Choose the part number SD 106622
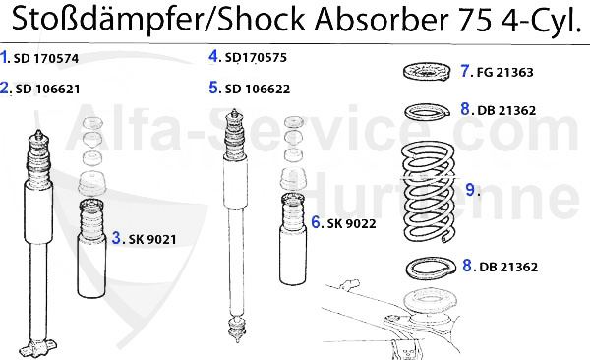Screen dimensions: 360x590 [257, 89]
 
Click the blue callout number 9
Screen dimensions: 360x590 [469, 187]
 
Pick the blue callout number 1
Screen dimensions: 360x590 [5, 58]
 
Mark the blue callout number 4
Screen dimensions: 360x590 [213, 57]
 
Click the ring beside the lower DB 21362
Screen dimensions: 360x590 [429, 267]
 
